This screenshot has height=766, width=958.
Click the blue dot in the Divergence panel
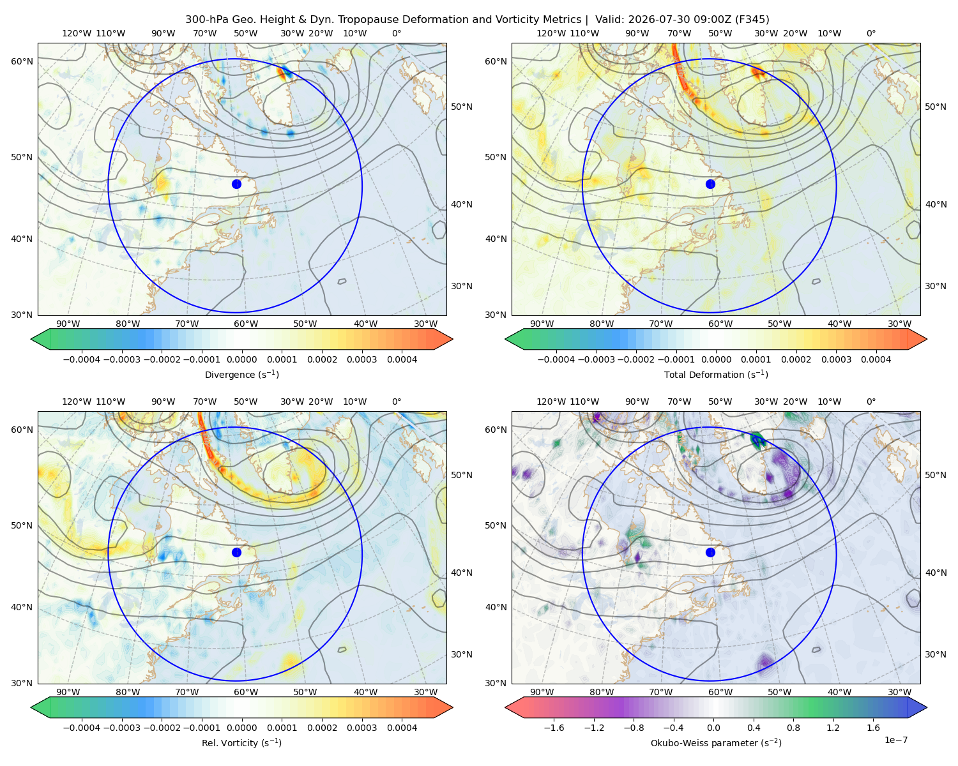[x=236, y=184]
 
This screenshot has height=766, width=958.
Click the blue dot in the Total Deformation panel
[x=710, y=184]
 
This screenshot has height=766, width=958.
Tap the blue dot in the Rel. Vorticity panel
[x=236, y=552]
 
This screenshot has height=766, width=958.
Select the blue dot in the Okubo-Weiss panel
[x=710, y=552]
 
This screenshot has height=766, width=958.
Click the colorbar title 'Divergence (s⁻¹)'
[x=241, y=374]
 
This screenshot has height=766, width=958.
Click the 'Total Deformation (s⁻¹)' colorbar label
[x=716, y=374]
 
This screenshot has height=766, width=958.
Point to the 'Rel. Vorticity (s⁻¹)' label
[x=241, y=742]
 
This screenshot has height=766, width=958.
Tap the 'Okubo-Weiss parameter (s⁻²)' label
[x=716, y=742]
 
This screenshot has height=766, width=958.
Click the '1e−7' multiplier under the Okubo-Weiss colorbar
[x=895, y=740]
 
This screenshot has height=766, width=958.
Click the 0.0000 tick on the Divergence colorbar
[x=241, y=359]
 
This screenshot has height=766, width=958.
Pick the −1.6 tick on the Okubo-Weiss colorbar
[x=554, y=727]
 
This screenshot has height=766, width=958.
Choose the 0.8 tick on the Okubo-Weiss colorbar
[x=793, y=727]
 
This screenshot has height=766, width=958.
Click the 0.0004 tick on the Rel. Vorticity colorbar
[x=402, y=727]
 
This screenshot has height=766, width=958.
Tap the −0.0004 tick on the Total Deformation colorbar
[x=556, y=359]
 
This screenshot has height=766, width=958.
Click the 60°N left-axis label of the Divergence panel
[x=22, y=61]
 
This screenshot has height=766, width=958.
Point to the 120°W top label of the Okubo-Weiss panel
[x=551, y=402]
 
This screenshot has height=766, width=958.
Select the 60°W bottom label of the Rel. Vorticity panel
[x=246, y=692]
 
